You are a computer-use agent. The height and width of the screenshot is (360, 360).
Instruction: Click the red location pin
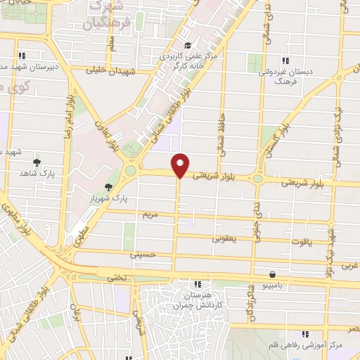click(181, 165)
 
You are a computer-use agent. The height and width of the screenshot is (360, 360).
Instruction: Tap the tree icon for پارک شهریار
click(108, 187)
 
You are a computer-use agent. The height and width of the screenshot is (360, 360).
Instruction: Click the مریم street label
click(146, 212)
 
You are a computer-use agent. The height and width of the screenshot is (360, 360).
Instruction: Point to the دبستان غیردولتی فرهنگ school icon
click(285, 60)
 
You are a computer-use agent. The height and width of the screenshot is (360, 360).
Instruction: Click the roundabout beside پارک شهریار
click(130, 171)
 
